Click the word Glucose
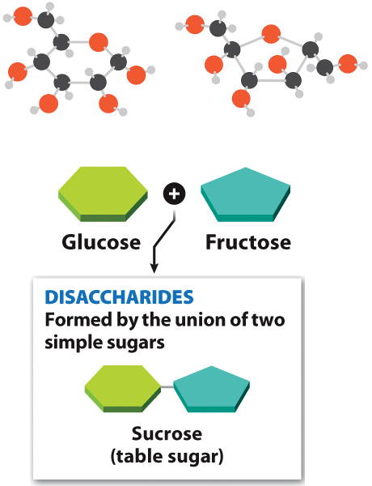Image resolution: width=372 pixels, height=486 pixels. [101, 242]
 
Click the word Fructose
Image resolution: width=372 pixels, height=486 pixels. [248, 242]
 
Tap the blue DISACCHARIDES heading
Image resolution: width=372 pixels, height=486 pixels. [119, 297]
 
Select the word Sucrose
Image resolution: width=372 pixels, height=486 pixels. [167, 433]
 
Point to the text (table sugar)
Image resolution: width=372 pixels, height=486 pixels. [167, 457]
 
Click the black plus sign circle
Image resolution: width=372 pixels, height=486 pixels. [174, 194]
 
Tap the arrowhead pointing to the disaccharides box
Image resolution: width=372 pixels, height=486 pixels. [154, 268]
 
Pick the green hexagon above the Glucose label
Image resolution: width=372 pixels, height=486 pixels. [103, 194]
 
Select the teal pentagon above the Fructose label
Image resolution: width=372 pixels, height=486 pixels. [246, 194]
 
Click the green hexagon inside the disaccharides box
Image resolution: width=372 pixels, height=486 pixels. [123, 389]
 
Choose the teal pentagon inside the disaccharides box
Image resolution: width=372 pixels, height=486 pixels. [211, 390]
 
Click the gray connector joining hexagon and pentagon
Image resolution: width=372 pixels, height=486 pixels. [167, 387]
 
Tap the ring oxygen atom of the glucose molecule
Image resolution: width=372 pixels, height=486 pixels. [99, 42]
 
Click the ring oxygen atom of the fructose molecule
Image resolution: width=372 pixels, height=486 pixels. [271, 34]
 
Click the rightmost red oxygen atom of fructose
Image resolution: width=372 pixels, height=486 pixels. [348, 64]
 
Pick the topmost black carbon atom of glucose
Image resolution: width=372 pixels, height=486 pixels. [46, 19]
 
